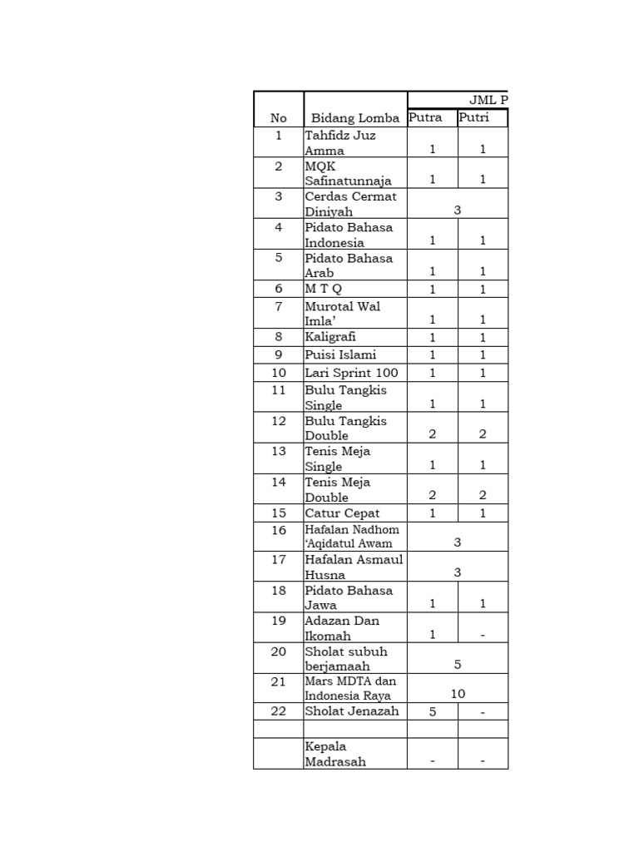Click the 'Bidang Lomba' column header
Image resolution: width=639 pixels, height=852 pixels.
click(x=354, y=118)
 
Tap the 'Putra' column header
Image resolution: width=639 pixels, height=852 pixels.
click(x=425, y=117)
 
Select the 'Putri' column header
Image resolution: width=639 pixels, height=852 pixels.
click(x=473, y=117)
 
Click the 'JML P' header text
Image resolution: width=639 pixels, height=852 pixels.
click(x=488, y=100)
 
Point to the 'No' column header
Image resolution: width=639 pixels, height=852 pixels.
click(x=278, y=118)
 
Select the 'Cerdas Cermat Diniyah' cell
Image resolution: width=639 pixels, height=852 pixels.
click(x=350, y=204)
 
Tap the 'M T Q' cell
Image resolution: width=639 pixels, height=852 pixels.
click(x=324, y=289)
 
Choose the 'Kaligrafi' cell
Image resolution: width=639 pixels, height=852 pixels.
click(x=331, y=337)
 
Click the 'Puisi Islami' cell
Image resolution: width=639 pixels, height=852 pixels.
click(x=340, y=354)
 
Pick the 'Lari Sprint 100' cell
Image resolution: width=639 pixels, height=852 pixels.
click(x=351, y=373)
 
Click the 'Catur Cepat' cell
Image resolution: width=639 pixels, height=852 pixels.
click(x=342, y=513)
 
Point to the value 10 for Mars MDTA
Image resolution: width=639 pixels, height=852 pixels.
click(x=458, y=694)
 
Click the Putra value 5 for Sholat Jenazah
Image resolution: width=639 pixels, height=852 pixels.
click(x=432, y=712)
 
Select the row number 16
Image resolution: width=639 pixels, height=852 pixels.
click(x=278, y=530)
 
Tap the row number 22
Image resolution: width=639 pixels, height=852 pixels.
click(x=278, y=711)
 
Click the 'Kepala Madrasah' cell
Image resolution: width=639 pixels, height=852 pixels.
click(x=334, y=754)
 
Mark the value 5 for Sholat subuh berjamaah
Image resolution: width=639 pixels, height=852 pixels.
click(x=458, y=664)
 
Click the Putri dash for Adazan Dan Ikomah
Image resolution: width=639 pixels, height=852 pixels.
click(x=483, y=636)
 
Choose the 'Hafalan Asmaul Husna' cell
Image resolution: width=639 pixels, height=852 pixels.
click(x=354, y=567)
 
